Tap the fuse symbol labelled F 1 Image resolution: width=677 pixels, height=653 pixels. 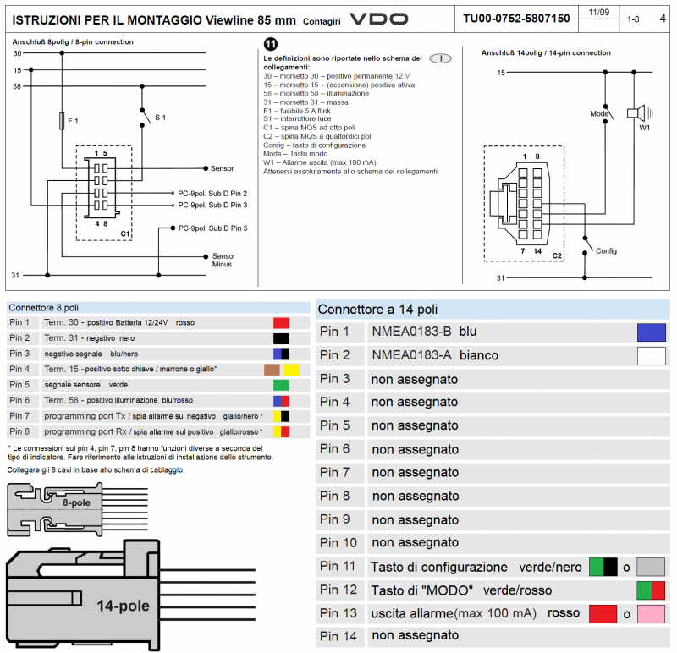(63, 122)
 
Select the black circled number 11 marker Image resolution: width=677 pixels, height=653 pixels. (270, 45)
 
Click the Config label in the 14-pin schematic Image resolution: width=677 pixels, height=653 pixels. (606, 251)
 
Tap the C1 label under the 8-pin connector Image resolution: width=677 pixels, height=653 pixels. (124, 233)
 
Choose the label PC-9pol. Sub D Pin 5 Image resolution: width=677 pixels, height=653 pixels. (212, 228)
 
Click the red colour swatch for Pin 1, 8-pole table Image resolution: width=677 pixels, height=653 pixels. (281, 323)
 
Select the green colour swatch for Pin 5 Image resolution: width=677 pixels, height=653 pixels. (281, 385)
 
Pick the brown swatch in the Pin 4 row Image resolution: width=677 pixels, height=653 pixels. (272, 370)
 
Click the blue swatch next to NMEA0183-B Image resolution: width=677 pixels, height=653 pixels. (651, 332)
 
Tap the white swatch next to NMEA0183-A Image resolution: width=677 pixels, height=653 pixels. (651, 356)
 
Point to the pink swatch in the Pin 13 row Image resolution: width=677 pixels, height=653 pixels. (651, 613)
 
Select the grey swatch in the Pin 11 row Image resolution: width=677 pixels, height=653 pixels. (651, 567)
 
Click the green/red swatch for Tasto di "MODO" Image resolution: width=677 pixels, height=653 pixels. (651, 590)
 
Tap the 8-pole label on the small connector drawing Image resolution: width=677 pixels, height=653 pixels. (77, 502)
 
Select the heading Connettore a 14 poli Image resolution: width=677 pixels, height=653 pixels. (378, 310)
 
